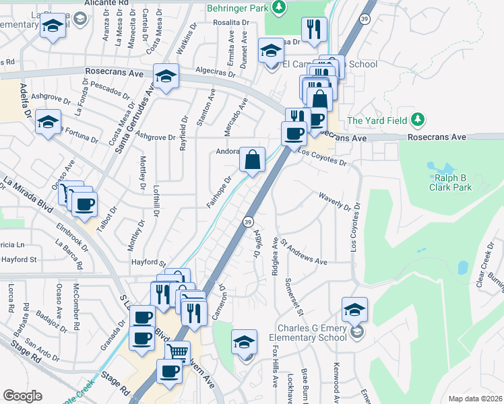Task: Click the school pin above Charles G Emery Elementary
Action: tap(354, 309)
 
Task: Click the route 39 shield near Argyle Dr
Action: tap(248, 222)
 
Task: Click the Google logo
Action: tap(22, 396)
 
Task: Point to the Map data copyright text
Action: tap(474, 399)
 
